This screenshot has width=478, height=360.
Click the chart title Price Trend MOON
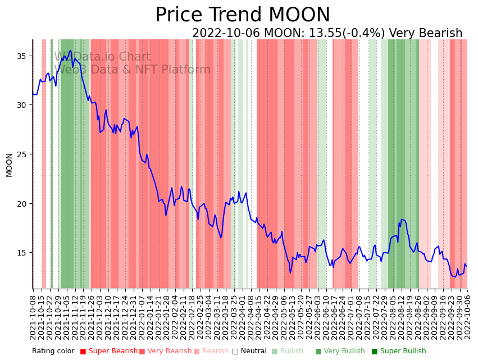(x=243, y=15)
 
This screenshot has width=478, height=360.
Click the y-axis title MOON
(x=9, y=165)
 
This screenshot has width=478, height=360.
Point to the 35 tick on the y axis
(x=22, y=56)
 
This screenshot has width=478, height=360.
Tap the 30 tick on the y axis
(x=22, y=105)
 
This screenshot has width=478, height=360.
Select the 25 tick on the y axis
(x=22, y=154)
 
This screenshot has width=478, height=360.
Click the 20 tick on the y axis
(x=22, y=203)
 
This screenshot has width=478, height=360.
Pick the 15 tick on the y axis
(x=22, y=253)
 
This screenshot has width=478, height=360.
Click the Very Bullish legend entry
(x=340, y=352)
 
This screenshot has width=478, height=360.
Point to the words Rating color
(x=53, y=352)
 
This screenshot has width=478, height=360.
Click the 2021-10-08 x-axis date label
(x=33, y=315)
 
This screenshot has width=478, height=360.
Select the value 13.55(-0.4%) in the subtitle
(x=348, y=33)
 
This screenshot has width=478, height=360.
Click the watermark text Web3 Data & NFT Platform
(x=132, y=70)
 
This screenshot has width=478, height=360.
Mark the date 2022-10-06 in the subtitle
(x=226, y=33)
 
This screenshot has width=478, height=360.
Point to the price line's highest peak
(x=71, y=51)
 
